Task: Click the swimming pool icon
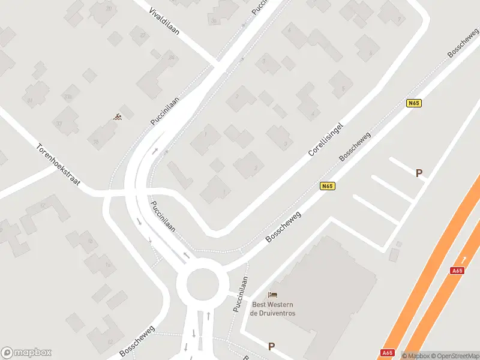coord(118,117)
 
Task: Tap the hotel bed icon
coord(273,295)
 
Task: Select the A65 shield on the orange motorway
coord(457,271)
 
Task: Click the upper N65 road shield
coord(413,103)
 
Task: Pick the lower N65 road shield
coord(327,186)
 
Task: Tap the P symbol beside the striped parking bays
coord(419,173)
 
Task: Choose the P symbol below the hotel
coord(271,346)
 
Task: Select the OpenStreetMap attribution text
coord(456,356)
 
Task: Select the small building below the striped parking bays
coord(394,254)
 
